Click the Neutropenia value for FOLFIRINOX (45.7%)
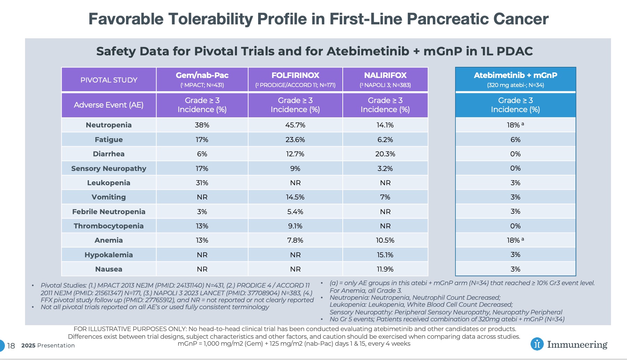click(x=295, y=125)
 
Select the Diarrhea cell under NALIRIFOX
click(x=385, y=154)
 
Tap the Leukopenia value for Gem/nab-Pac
click(x=202, y=183)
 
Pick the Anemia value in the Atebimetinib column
click(x=515, y=240)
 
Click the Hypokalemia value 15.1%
click(x=385, y=255)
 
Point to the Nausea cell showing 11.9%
click(x=385, y=269)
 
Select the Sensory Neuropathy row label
click(x=109, y=169)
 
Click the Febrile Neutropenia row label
click(x=109, y=212)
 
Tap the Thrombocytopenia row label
click(x=109, y=226)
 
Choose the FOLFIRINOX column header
click(x=295, y=79)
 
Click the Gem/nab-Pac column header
click(x=202, y=79)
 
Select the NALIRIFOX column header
click(x=385, y=79)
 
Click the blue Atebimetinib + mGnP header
click(x=515, y=79)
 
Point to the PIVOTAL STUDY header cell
click(x=109, y=80)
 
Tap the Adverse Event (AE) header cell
click(x=109, y=105)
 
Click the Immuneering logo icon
click(x=537, y=344)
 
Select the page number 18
click(x=11, y=346)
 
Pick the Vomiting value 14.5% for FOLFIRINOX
click(x=295, y=197)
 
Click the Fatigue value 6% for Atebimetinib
click(x=515, y=140)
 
